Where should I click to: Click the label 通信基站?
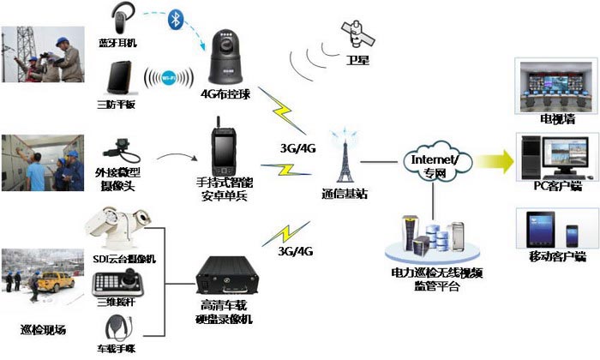(x=345, y=195)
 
